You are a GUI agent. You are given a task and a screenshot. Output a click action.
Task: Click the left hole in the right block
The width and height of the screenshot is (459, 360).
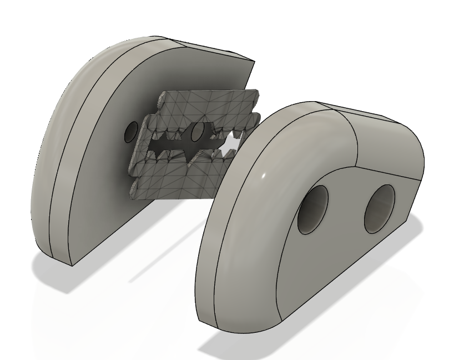[313, 210]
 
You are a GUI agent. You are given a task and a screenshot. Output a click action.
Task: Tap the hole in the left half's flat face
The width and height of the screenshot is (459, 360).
[131, 131]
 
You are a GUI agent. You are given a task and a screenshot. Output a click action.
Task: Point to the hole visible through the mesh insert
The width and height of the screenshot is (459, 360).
[198, 133]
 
